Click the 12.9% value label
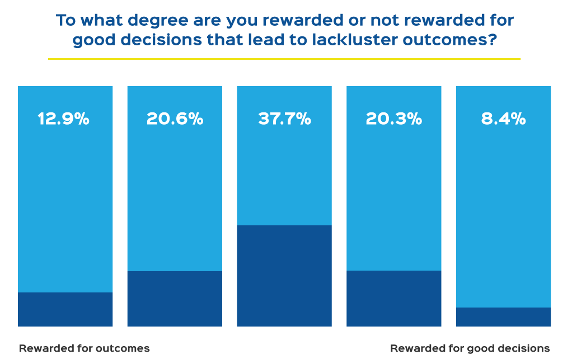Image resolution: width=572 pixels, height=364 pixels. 63,119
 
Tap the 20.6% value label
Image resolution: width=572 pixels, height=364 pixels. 175,119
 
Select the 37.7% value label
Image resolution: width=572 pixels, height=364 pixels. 284,119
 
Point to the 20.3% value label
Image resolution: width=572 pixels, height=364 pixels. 393,119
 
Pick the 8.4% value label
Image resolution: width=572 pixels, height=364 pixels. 503,119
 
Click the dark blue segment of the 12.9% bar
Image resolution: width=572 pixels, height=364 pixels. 65,309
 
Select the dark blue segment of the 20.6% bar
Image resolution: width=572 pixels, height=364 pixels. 175,299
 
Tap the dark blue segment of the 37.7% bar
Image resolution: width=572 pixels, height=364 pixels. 284,276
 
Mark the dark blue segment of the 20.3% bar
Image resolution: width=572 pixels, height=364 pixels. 394,298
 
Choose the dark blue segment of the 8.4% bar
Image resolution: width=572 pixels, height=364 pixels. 504,316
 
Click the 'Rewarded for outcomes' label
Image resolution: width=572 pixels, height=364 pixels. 85,348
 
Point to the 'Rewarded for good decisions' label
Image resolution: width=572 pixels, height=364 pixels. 470,348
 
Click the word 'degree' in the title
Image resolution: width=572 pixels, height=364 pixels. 156,21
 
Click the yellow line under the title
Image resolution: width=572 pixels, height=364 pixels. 284,59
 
